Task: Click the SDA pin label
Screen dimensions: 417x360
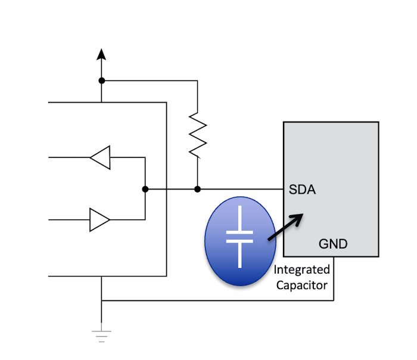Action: [x=302, y=190]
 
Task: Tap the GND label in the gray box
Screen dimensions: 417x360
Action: [x=333, y=244]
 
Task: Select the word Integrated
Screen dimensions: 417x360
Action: [x=302, y=270]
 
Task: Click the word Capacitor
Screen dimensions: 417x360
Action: [x=302, y=285]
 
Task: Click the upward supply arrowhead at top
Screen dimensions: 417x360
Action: [x=101, y=54]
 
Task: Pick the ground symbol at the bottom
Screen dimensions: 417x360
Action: [x=101, y=336]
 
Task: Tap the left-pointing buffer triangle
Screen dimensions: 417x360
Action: [x=100, y=157]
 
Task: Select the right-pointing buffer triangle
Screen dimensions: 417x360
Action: [x=99, y=220]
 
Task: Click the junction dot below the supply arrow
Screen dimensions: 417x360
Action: [x=102, y=80]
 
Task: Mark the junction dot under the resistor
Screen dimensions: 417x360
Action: [x=197, y=189]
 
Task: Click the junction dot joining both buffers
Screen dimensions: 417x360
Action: [x=145, y=189]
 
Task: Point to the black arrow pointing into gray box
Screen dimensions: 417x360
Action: [x=285, y=227]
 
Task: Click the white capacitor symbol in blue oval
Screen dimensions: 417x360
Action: [x=239, y=237]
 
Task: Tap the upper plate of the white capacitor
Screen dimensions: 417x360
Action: [x=239, y=232]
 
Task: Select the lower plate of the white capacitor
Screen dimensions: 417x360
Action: [x=239, y=241]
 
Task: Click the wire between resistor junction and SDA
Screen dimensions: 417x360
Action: [x=241, y=189]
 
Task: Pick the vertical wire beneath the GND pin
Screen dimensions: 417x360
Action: [x=334, y=278]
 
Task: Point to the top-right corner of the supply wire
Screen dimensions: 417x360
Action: [x=197, y=80]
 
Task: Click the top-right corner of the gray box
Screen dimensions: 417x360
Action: [x=378, y=122]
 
